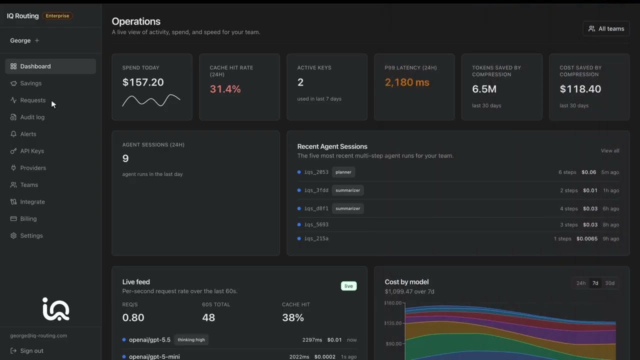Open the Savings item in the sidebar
(x=30, y=83)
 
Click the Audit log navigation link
(x=32, y=117)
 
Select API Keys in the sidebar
(x=32, y=151)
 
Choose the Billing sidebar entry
(x=28, y=218)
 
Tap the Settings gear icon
(x=13, y=235)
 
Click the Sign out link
(x=31, y=350)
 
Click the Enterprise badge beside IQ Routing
(x=57, y=15)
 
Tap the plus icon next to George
(x=37, y=40)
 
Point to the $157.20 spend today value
(x=143, y=82)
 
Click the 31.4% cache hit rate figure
(x=225, y=89)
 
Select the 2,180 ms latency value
(x=407, y=82)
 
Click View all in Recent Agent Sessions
(x=609, y=150)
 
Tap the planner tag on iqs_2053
(x=343, y=172)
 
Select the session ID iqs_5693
(x=316, y=224)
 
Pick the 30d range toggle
(x=609, y=283)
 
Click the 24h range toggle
(x=581, y=283)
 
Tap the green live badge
(x=348, y=286)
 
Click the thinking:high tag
(x=191, y=339)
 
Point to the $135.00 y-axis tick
(x=393, y=323)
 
